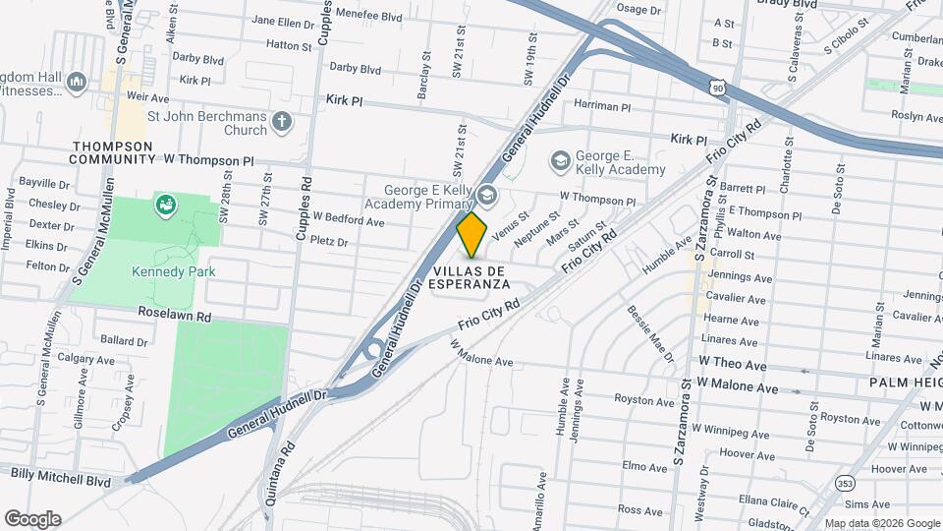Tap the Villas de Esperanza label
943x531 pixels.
(x=472, y=276)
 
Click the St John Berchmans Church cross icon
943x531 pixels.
(x=283, y=122)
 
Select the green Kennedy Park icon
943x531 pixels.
(x=164, y=206)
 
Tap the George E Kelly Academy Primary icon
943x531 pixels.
(x=486, y=194)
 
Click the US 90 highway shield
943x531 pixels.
(x=719, y=88)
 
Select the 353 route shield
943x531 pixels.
(x=845, y=483)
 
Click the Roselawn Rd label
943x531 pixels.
(x=175, y=318)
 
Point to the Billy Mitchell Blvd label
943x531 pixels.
(x=60, y=473)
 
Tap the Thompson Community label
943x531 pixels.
(x=113, y=152)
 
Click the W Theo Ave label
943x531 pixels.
(x=733, y=365)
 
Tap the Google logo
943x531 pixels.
(x=32, y=518)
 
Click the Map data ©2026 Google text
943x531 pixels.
(x=880, y=523)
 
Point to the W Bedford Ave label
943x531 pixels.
(x=348, y=221)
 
